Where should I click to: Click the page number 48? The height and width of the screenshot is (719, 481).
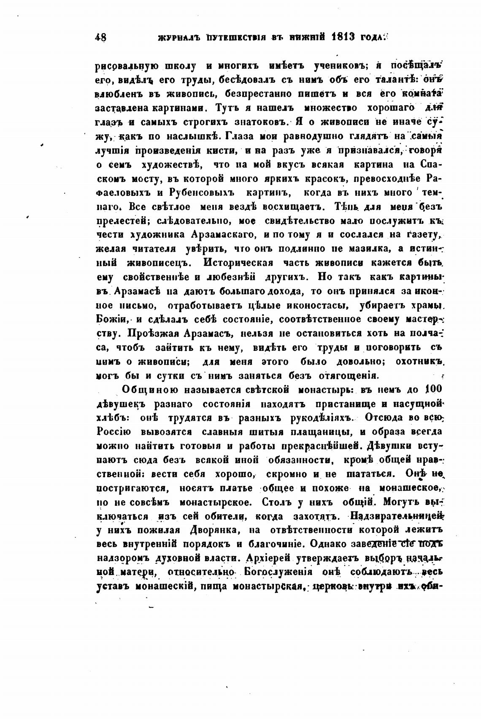[x=101, y=37]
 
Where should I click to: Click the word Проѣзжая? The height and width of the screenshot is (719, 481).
[x=154, y=333]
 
